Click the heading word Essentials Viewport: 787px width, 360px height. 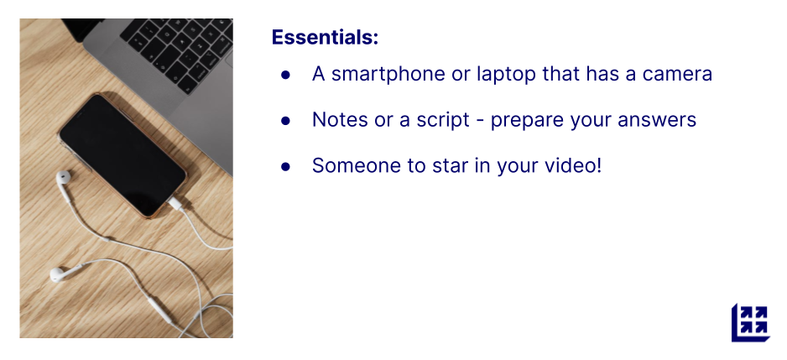click(x=325, y=37)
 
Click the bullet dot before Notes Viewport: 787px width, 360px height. click(x=285, y=121)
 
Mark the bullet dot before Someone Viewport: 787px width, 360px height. click(x=285, y=166)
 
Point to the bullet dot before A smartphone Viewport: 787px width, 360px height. click(x=285, y=75)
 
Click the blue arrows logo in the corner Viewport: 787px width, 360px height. click(x=750, y=322)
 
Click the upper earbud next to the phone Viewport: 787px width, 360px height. click(x=63, y=177)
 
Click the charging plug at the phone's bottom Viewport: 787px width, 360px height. click(x=176, y=203)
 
